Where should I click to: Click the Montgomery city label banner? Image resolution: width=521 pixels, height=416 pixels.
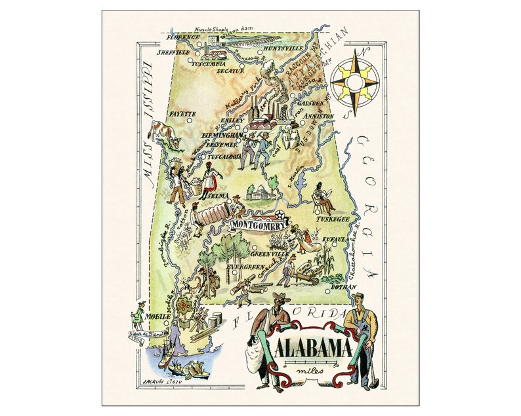(x=259, y=225)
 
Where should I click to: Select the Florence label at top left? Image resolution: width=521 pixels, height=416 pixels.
(x=183, y=38)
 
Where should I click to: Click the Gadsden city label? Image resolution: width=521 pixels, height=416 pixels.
(x=311, y=104)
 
